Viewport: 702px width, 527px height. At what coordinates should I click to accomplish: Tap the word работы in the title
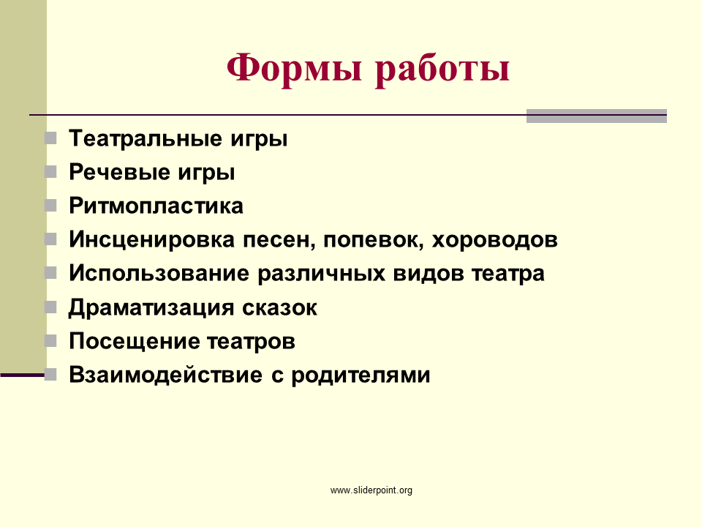click(442, 69)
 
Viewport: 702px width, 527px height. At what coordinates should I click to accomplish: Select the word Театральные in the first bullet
click(146, 138)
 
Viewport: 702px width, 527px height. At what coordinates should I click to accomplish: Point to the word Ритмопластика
click(156, 206)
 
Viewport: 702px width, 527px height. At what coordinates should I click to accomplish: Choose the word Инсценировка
click(152, 239)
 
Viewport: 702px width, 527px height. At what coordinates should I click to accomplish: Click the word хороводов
click(495, 240)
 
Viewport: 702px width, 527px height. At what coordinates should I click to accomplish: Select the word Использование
click(159, 273)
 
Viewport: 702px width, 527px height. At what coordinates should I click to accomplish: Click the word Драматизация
click(151, 307)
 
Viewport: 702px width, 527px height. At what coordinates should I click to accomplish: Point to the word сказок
click(280, 308)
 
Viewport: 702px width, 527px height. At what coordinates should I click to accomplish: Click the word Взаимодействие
click(166, 375)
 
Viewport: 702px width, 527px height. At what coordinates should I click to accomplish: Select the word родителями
click(361, 375)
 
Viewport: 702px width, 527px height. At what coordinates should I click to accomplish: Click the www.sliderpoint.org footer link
click(371, 490)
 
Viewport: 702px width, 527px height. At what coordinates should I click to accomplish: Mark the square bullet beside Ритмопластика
click(50, 206)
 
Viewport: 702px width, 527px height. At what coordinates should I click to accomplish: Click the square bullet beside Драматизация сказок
click(50, 307)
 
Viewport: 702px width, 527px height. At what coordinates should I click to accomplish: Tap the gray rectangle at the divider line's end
click(597, 116)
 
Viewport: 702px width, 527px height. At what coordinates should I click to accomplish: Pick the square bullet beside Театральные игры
click(50, 138)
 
